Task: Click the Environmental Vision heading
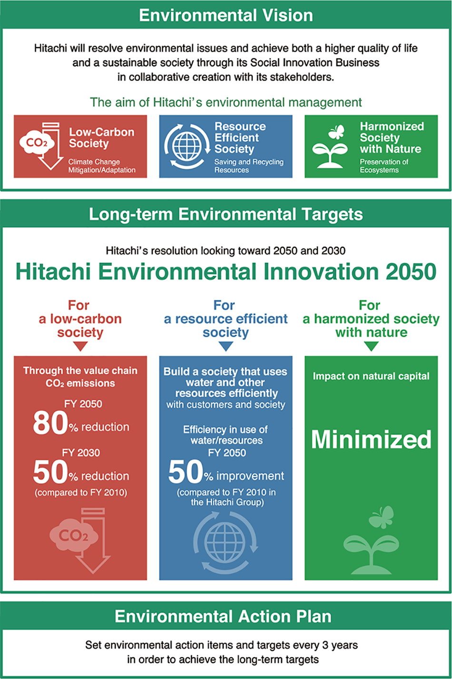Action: (x=226, y=15)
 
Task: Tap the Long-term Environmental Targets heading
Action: (x=226, y=214)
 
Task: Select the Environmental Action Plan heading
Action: (x=223, y=616)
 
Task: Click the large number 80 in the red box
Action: (x=50, y=423)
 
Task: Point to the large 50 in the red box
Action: (x=50, y=472)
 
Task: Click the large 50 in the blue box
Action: (x=186, y=472)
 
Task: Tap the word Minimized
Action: (x=371, y=439)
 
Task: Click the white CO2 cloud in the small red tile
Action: (x=37, y=143)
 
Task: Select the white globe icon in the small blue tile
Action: (x=187, y=146)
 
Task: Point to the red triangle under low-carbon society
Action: (x=80, y=346)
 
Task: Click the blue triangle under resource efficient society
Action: (x=226, y=346)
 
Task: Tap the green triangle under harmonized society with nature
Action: (x=371, y=346)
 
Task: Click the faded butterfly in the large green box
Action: (x=381, y=517)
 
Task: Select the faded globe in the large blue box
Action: (x=225, y=543)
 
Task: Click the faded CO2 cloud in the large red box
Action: (x=74, y=535)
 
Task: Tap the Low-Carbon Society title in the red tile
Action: (x=101, y=137)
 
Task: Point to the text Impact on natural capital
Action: (x=371, y=376)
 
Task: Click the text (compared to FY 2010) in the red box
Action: (x=81, y=492)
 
